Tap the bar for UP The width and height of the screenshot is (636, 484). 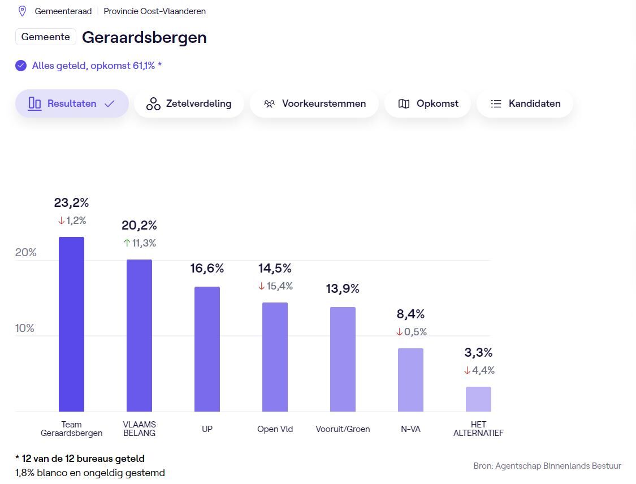pos(207,349)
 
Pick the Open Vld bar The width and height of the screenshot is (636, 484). pos(275,357)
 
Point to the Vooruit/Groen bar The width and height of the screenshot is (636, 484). pos(343,359)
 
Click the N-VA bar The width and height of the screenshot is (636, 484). pos(410,379)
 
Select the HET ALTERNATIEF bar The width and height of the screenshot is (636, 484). pos(478,399)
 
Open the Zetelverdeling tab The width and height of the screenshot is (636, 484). pos(189,103)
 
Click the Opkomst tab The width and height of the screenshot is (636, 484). pos(427,103)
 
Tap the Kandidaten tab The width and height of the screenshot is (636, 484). pos(525,103)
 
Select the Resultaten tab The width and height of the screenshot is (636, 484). pos(72,103)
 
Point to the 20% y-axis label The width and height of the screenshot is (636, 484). pos(25,252)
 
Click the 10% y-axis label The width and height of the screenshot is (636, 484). pos(25,328)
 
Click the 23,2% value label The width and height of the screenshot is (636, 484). pos(71,202)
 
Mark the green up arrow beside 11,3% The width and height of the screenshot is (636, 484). pos(127,243)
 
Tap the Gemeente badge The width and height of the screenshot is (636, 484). pos(46,37)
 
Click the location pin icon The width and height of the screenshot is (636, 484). pos(23,11)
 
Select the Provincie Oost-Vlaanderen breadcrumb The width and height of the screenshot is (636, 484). pos(154,11)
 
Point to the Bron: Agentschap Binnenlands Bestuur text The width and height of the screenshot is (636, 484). pos(547,466)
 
